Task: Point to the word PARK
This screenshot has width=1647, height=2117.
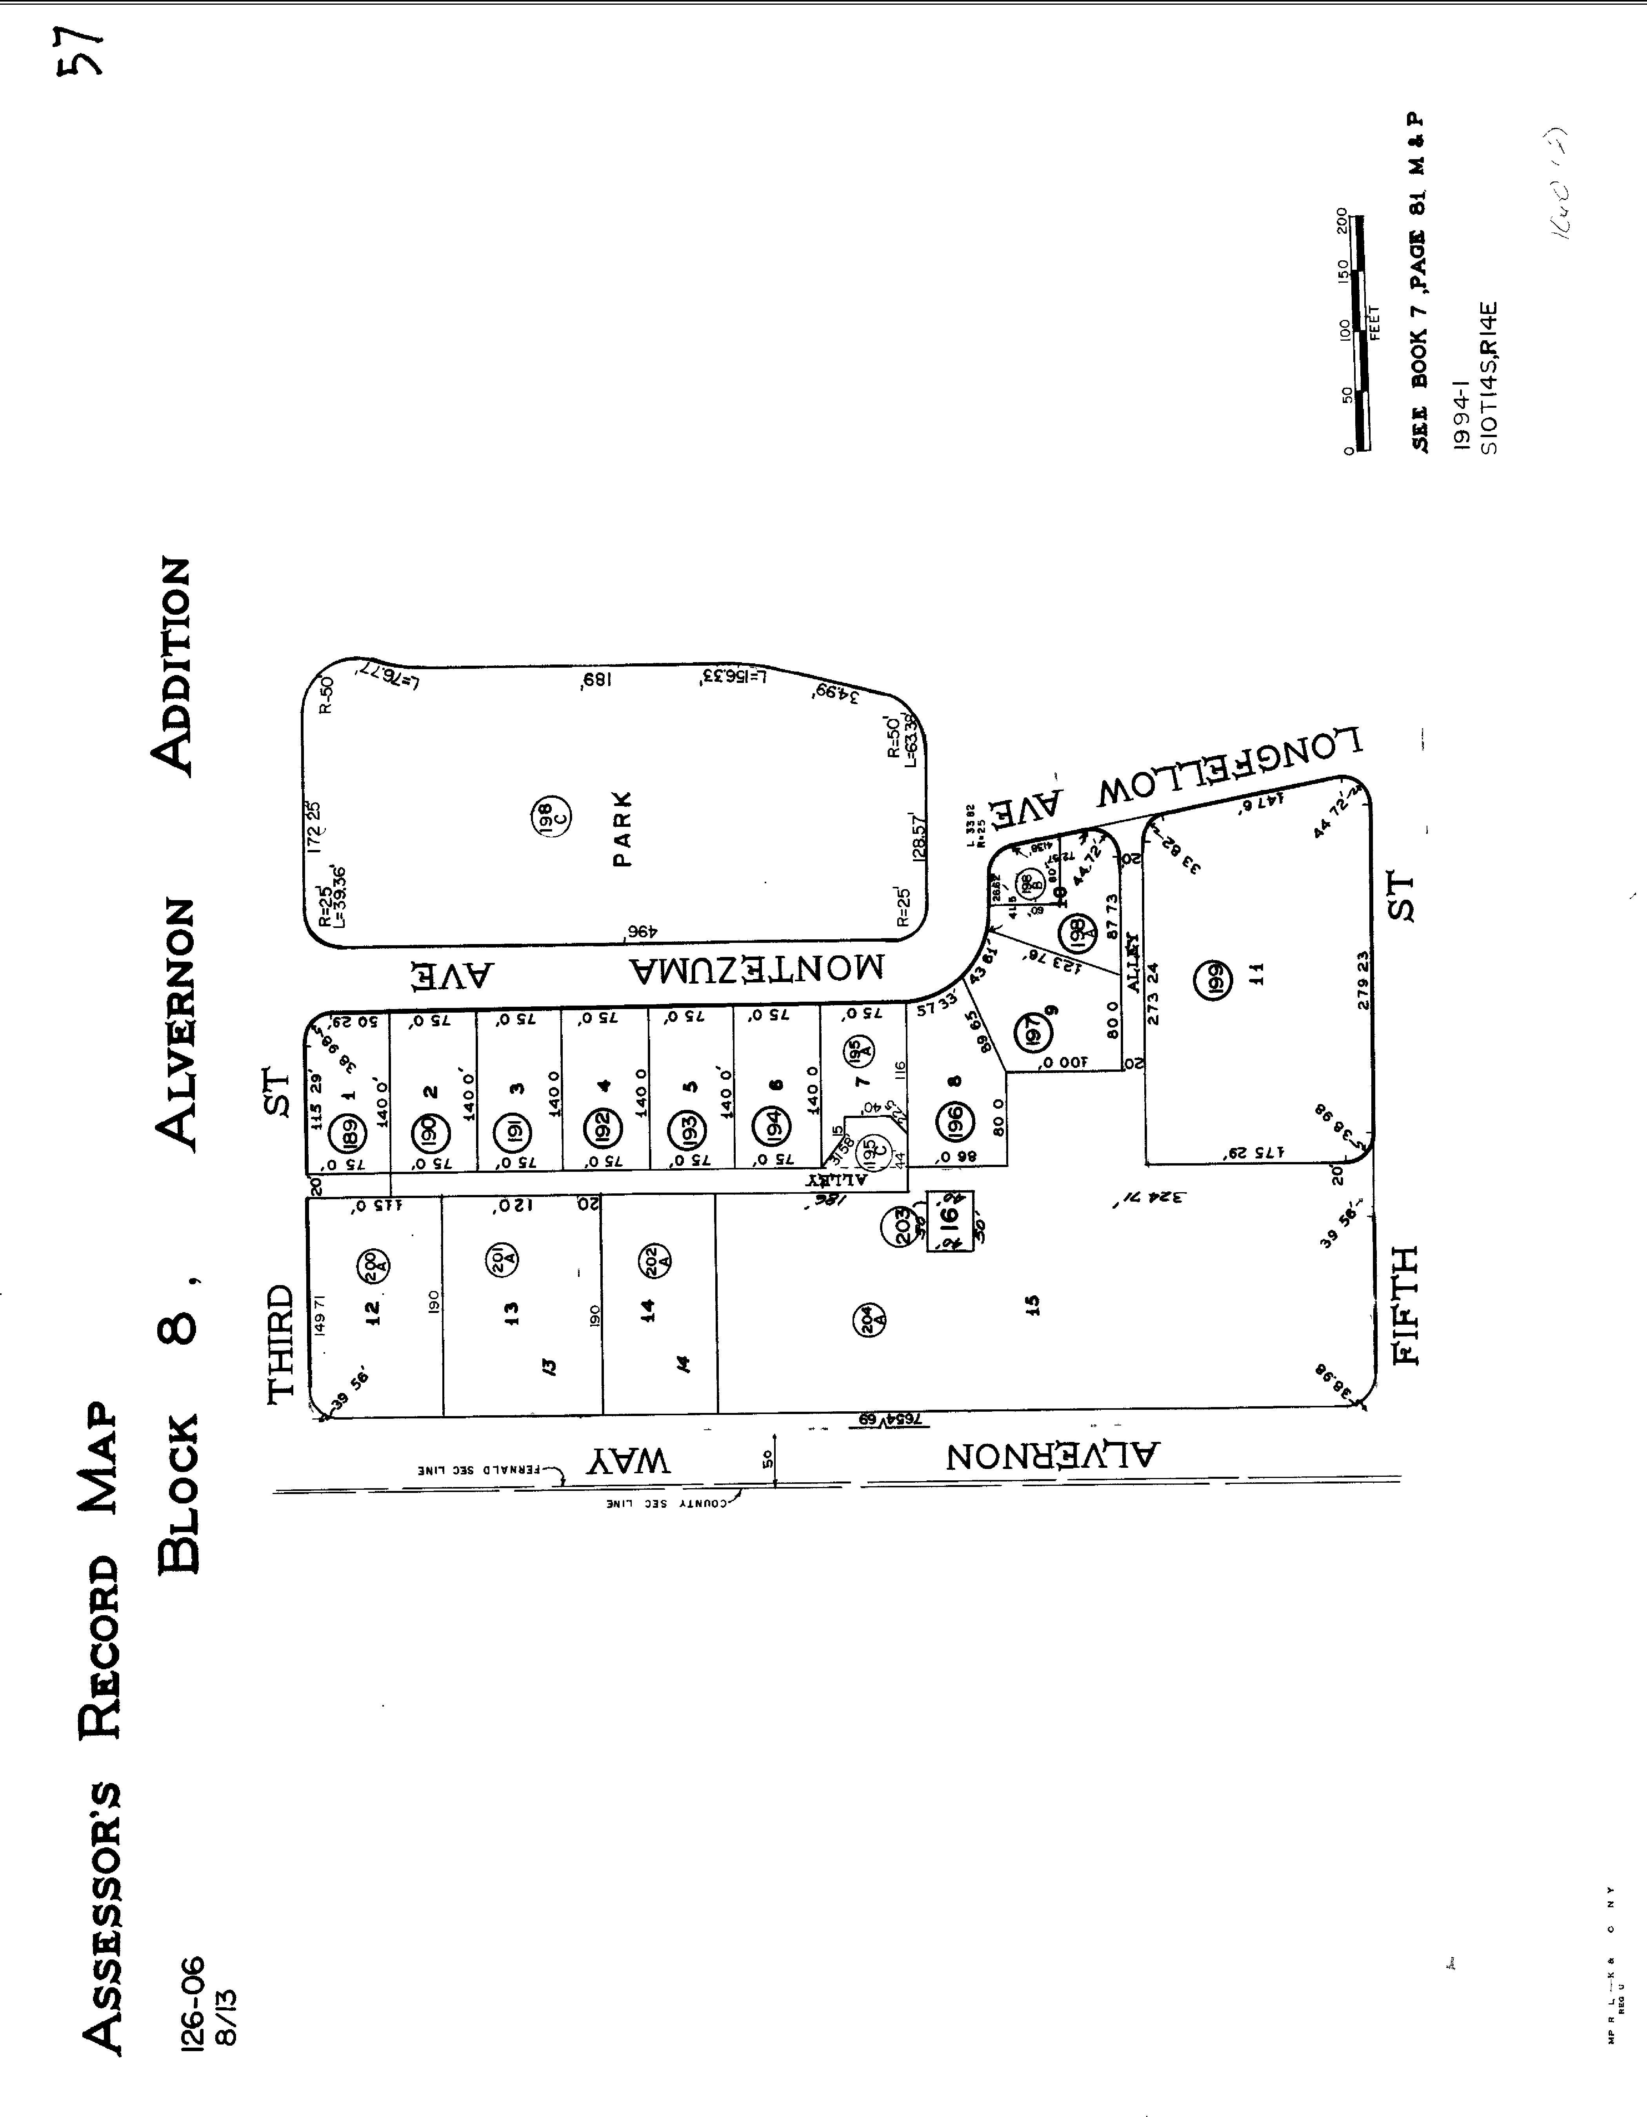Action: click(624, 829)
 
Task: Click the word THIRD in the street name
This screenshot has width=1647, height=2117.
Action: click(280, 1342)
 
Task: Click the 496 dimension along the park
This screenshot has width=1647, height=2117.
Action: click(642, 933)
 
